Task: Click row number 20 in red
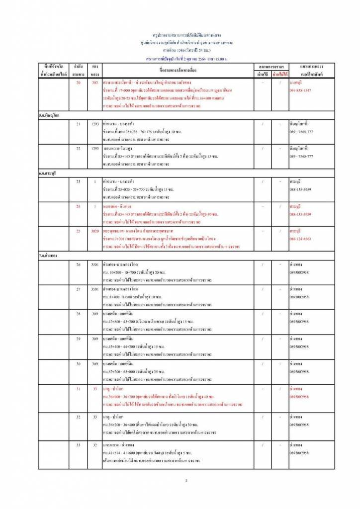78,82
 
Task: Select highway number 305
94,82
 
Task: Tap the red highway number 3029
94,231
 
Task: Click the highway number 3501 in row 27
94,289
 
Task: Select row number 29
78,339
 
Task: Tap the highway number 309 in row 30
94,363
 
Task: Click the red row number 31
78,388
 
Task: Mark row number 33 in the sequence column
78,444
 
